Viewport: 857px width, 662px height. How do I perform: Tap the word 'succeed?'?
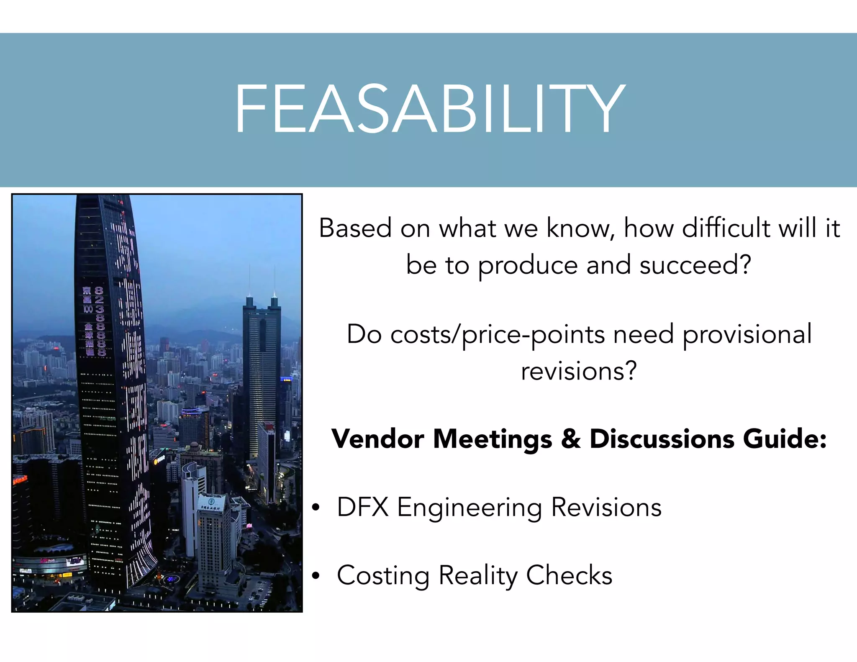point(695,265)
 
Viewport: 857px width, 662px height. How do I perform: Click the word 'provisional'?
point(747,335)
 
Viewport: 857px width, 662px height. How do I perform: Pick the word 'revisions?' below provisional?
point(579,371)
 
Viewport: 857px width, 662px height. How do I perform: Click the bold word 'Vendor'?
point(378,439)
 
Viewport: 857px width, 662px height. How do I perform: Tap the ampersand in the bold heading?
point(571,439)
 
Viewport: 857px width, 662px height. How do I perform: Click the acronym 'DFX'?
point(362,507)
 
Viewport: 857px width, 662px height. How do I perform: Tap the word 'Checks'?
point(569,575)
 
